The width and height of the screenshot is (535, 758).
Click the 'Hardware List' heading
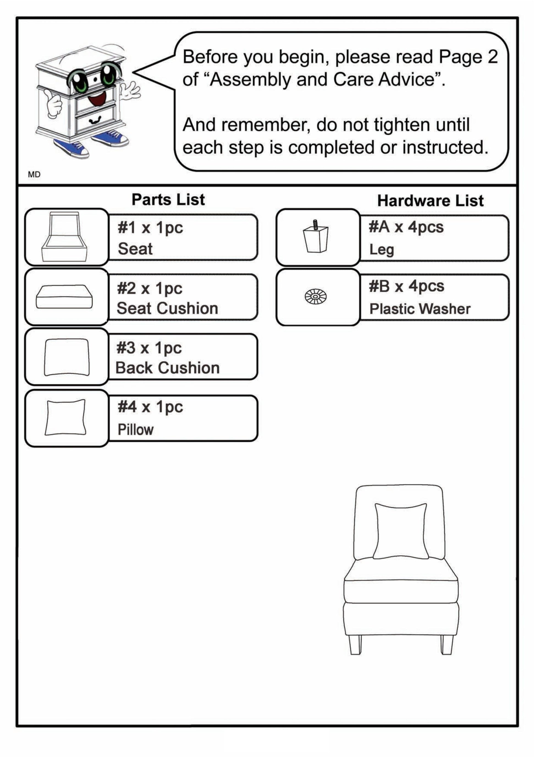click(431, 201)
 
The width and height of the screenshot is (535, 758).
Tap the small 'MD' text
click(34, 175)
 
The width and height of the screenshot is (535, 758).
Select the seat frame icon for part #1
click(65, 236)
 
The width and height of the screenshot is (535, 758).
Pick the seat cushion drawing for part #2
click(64, 296)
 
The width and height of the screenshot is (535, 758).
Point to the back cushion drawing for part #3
click(67, 357)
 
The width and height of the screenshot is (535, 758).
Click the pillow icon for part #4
click(65, 417)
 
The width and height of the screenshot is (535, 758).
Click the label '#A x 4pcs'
click(406, 227)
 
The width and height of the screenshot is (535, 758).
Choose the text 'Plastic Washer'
click(420, 309)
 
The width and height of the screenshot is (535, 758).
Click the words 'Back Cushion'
click(167, 368)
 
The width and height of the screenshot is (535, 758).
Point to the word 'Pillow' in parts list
click(136, 430)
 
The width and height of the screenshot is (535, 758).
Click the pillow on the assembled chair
click(401, 531)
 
